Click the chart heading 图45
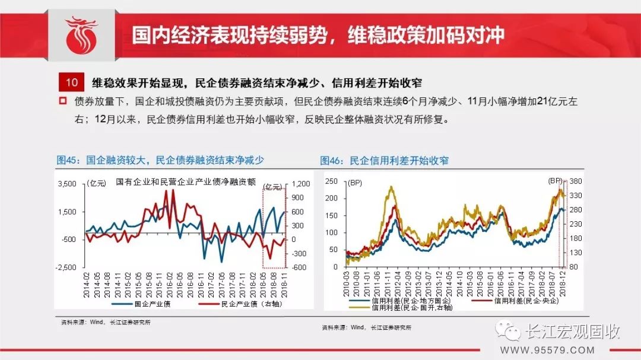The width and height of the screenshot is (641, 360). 160,160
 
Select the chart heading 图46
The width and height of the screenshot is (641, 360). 384,160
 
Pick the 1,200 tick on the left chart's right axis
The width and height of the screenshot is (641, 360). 301,184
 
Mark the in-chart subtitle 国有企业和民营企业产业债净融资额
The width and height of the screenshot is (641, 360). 186,181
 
